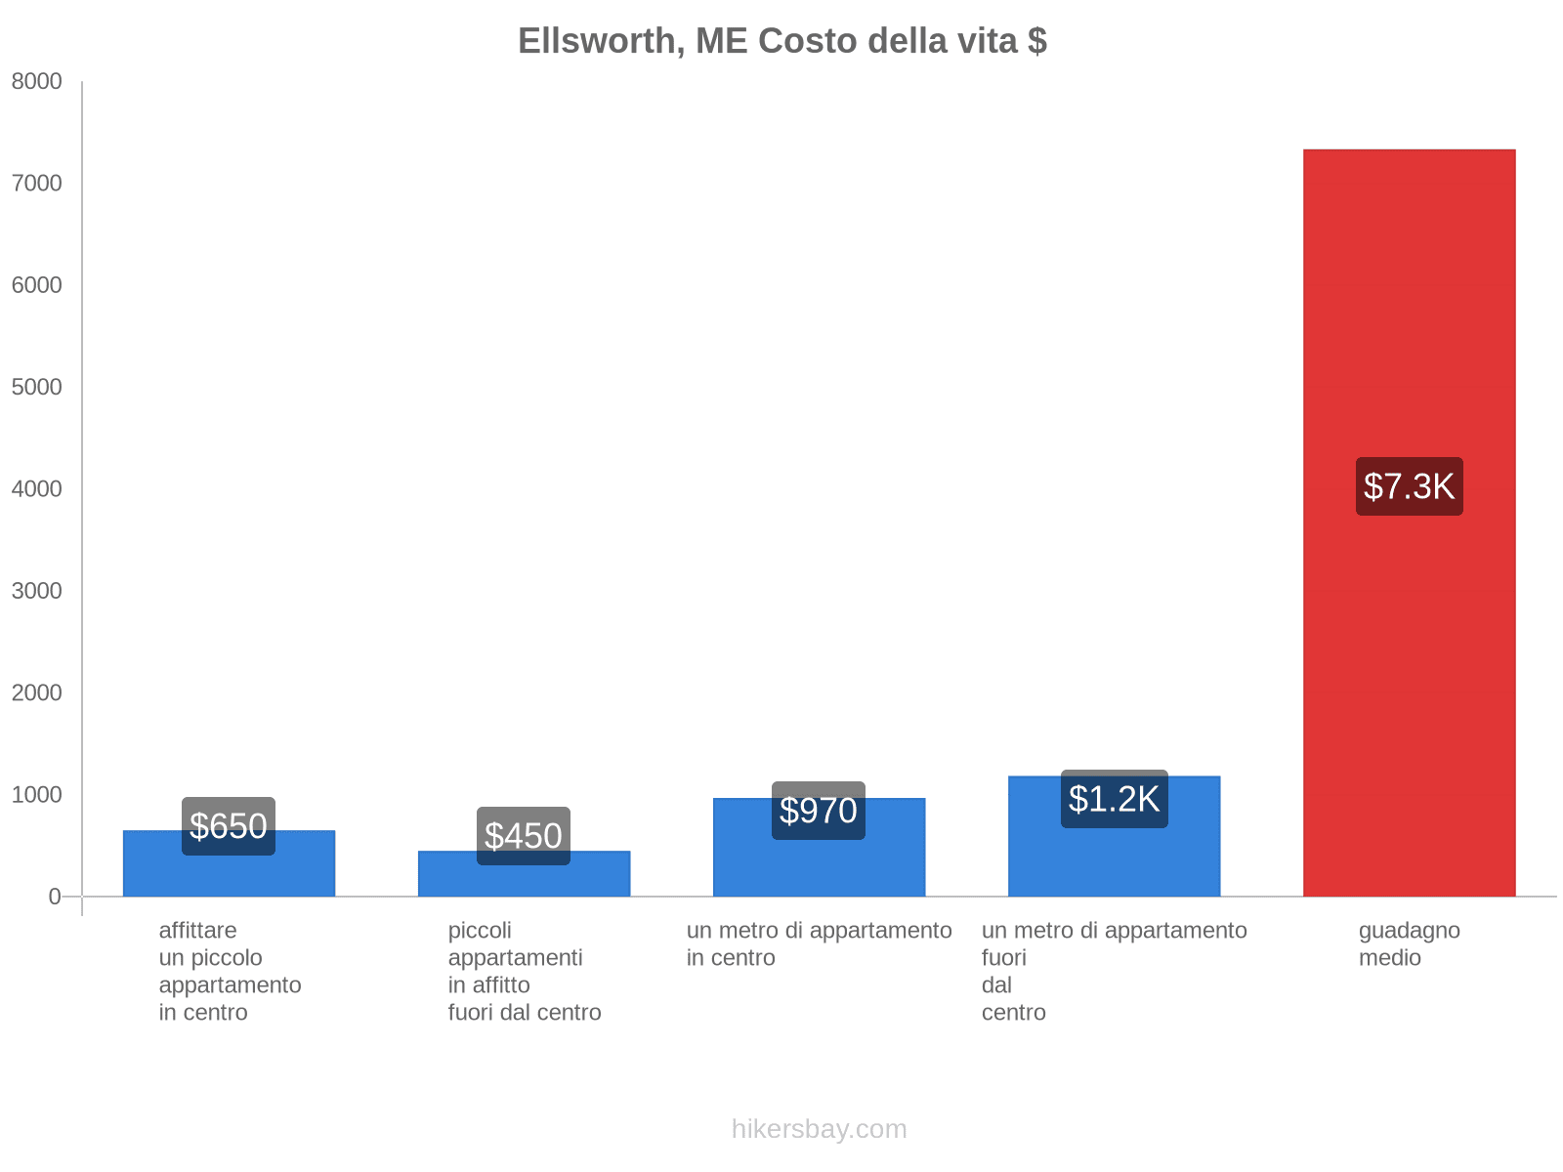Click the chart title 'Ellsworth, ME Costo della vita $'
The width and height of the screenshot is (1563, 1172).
click(781, 41)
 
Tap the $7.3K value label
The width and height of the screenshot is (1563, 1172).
click(1409, 486)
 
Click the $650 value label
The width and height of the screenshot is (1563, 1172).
click(229, 826)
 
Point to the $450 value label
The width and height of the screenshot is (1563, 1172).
click(524, 836)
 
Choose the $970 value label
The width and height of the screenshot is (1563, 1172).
click(819, 811)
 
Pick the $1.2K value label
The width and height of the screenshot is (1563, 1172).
click(1114, 799)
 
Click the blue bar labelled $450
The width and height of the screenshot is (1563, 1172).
click(524, 879)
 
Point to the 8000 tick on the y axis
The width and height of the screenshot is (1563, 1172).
click(37, 82)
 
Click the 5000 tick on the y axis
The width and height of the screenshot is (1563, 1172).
click(37, 388)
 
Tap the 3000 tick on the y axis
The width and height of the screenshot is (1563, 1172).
click(37, 591)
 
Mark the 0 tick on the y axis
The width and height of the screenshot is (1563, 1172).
click(55, 897)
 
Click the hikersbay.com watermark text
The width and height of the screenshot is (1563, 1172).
click(819, 1129)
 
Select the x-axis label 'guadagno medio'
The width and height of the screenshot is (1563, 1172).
click(1409, 943)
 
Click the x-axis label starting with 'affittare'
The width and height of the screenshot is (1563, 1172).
click(230, 971)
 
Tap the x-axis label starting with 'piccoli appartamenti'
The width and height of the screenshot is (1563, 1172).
click(524, 971)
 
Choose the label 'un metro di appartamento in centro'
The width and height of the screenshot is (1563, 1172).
click(819, 943)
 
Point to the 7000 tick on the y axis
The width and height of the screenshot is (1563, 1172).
click(37, 184)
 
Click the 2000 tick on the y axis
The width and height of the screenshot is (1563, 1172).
click(37, 693)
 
